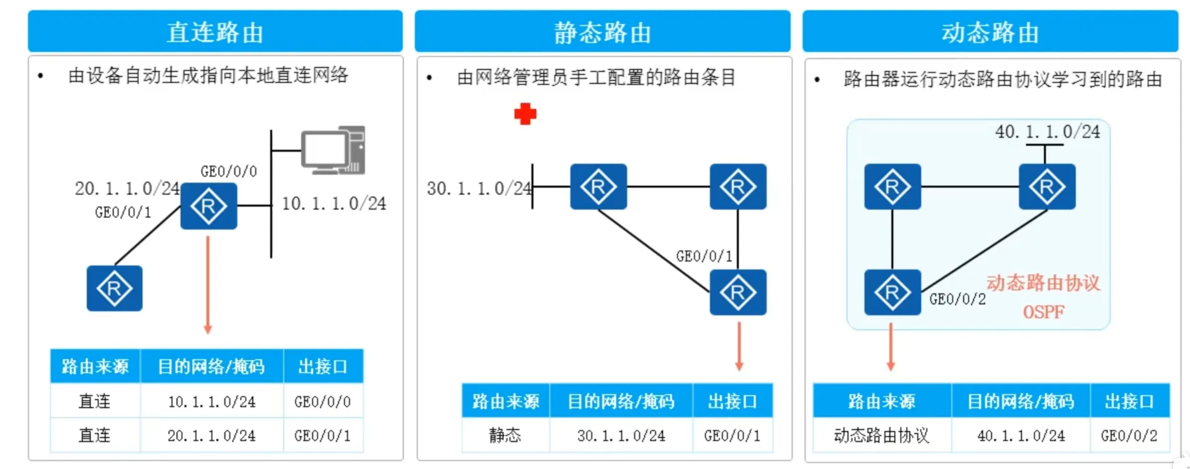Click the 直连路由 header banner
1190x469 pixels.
[215, 31]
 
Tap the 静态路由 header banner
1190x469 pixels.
[602, 31]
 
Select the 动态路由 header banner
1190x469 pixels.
[990, 31]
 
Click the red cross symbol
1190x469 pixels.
[525, 114]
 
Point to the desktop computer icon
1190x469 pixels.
[333, 150]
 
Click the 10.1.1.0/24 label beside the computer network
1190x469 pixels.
[334, 203]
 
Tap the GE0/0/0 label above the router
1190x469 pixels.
[229, 171]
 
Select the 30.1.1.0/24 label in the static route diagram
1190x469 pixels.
[479, 188]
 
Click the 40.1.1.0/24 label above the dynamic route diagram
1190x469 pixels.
[1047, 132]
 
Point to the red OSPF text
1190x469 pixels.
[1043, 313]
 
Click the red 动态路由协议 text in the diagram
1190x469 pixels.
[1043, 283]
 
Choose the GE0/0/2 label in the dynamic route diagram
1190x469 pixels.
[957, 299]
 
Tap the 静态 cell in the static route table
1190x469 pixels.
[505, 436]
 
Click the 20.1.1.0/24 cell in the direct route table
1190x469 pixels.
[211, 436]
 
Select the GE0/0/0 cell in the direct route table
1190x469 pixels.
[322, 402]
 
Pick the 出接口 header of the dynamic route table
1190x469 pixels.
[1129, 401]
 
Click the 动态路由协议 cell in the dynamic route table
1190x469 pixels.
[882, 436]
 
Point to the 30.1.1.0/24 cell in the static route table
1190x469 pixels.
[621, 436]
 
